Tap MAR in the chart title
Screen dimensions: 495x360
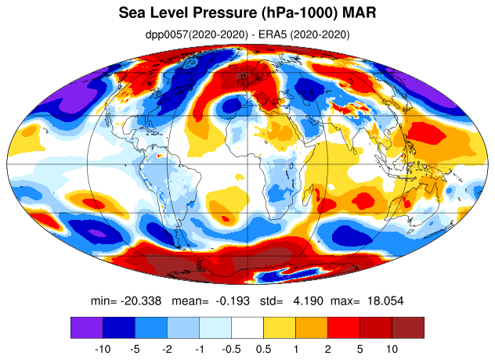(x=359, y=13)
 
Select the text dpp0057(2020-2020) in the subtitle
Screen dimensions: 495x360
(x=197, y=34)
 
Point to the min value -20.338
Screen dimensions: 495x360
(x=141, y=301)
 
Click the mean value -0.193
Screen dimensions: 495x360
(x=233, y=301)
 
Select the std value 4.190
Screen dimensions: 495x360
(x=308, y=301)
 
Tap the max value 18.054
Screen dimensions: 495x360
(x=385, y=301)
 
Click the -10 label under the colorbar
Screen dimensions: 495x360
(x=103, y=349)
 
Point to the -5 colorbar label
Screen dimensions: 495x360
(x=135, y=349)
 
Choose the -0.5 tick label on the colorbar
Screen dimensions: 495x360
(x=231, y=349)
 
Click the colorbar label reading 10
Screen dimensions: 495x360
(x=392, y=349)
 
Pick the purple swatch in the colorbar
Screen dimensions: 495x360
(x=87, y=328)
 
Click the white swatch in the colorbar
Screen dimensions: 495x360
(x=247, y=328)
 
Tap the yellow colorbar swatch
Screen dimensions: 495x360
(x=280, y=328)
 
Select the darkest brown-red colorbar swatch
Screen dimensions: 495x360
(x=408, y=328)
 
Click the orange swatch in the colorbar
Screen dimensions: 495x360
(x=312, y=328)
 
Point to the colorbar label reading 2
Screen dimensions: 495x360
(x=327, y=349)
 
